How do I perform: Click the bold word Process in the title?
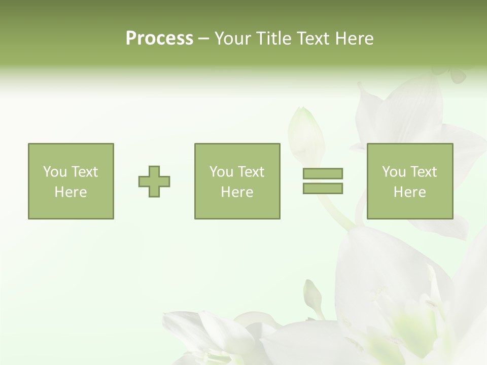click(x=159, y=39)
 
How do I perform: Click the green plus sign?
click(x=154, y=181)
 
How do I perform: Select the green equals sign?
click(x=323, y=181)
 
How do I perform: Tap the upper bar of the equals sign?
click(x=323, y=174)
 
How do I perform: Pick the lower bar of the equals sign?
click(x=323, y=188)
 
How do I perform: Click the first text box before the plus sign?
click(x=71, y=181)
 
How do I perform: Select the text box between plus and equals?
click(x=237, y=181)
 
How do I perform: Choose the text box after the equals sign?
click(x=410, y=181)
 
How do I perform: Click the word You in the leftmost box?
click(x=54, y=172)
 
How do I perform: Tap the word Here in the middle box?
click(x=237, y=192)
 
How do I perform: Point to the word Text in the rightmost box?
click(x=424, y=172)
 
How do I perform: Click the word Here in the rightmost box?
click(x=410, y=192)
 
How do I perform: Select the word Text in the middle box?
click(x=252, y=172)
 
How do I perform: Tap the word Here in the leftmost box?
click(x=71, y=192)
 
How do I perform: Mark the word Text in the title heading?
click(x=313, y=39)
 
